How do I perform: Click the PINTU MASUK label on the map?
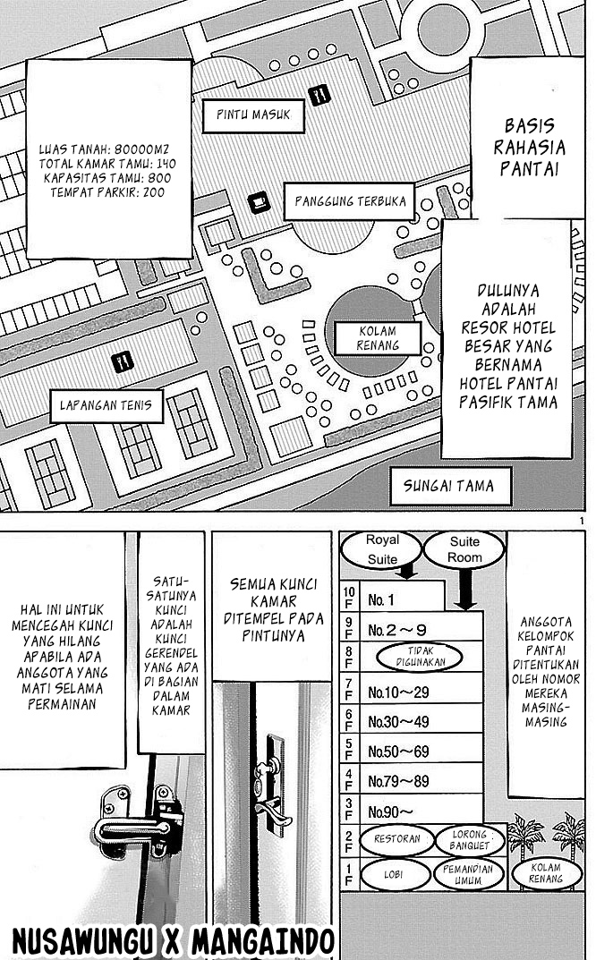coord(253,115)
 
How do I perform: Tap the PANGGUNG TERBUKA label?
coord(351,201)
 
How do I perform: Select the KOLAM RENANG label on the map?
coord(377,337)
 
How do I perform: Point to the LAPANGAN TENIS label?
coord(106,405)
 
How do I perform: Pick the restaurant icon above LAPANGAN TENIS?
coord(123,361)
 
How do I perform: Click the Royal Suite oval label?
coord(382,548)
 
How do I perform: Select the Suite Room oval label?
coord(464,548)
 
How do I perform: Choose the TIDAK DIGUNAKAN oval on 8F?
coord(419,658)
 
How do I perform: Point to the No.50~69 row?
coord(398,751)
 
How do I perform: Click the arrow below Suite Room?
coord(465,591)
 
